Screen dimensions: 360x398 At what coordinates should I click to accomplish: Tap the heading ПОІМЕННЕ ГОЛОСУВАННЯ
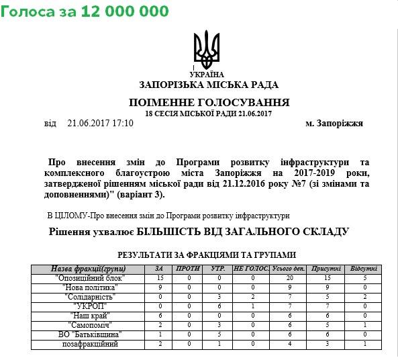tap(209, 103)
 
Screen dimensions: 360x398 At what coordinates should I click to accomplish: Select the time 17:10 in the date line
tap(123, 124)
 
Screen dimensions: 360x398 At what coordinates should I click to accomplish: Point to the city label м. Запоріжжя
tap(334, 124)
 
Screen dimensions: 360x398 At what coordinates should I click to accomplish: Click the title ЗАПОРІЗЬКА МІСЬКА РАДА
tap(209, 85)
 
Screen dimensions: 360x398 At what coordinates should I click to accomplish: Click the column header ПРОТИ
tap(190, 269)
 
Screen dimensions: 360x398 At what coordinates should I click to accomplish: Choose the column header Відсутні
tap(364, 269)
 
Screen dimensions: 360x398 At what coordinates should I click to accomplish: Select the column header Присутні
tap(326, 269)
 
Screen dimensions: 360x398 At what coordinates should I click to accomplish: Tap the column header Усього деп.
tap(289, 269)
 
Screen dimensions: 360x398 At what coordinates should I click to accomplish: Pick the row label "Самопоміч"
tap(89, 324)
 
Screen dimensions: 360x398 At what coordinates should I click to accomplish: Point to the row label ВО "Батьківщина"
tap(89, 334)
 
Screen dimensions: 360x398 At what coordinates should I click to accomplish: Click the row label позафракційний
tap(89, 343)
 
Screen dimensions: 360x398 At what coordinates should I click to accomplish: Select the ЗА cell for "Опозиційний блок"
tap(160, 277)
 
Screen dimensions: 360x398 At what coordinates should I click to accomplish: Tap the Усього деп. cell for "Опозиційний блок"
tap(289, 277)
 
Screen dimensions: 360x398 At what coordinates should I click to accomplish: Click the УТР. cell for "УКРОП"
tap(217, 306)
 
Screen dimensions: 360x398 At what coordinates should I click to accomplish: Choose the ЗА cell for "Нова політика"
tap(160, 287)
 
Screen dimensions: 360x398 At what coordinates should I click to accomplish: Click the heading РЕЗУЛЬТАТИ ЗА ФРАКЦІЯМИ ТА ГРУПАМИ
tap(207, 255)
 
